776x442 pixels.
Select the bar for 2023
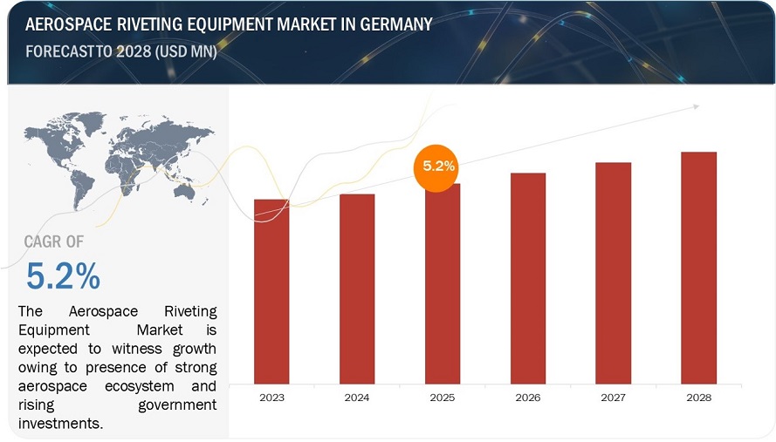[x=271, y=291]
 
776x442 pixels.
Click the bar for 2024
[x=357, y=289]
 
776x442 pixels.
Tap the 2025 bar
[x=443, y=283]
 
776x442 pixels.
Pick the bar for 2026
[x=528, y=278]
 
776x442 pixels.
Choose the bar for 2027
[x=614, y=273]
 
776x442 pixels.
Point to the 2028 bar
[x=699, y=268]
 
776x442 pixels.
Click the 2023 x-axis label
[x=271, y=398]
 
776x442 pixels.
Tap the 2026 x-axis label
[x=528, y=398]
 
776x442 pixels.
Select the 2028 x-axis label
[x=699, y=398]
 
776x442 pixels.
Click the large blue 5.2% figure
[x=63, y=276]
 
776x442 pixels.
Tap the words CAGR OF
[x=54, y=241]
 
